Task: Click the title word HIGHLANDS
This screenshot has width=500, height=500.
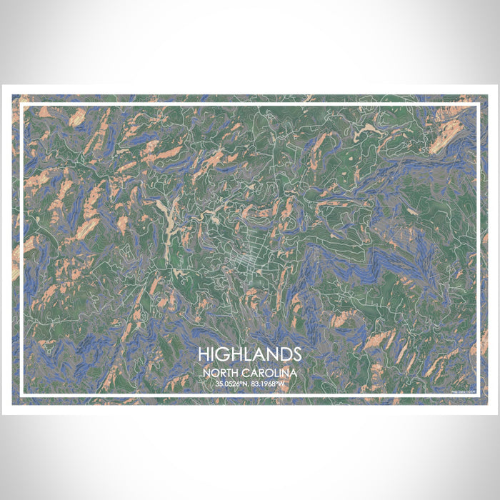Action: click(250, 354)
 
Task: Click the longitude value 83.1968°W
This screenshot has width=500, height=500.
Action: click(269, 384)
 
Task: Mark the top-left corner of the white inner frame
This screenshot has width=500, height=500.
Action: click(22, 105)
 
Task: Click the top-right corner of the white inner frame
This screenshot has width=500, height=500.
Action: click(477, 105)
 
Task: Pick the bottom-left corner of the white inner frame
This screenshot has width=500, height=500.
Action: click(22, 396)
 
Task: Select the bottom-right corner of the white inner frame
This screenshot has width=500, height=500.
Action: click(477, 396)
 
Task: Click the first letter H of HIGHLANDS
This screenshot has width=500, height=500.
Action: click(204, 354)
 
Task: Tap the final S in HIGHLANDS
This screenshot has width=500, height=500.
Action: click(296, 354)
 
